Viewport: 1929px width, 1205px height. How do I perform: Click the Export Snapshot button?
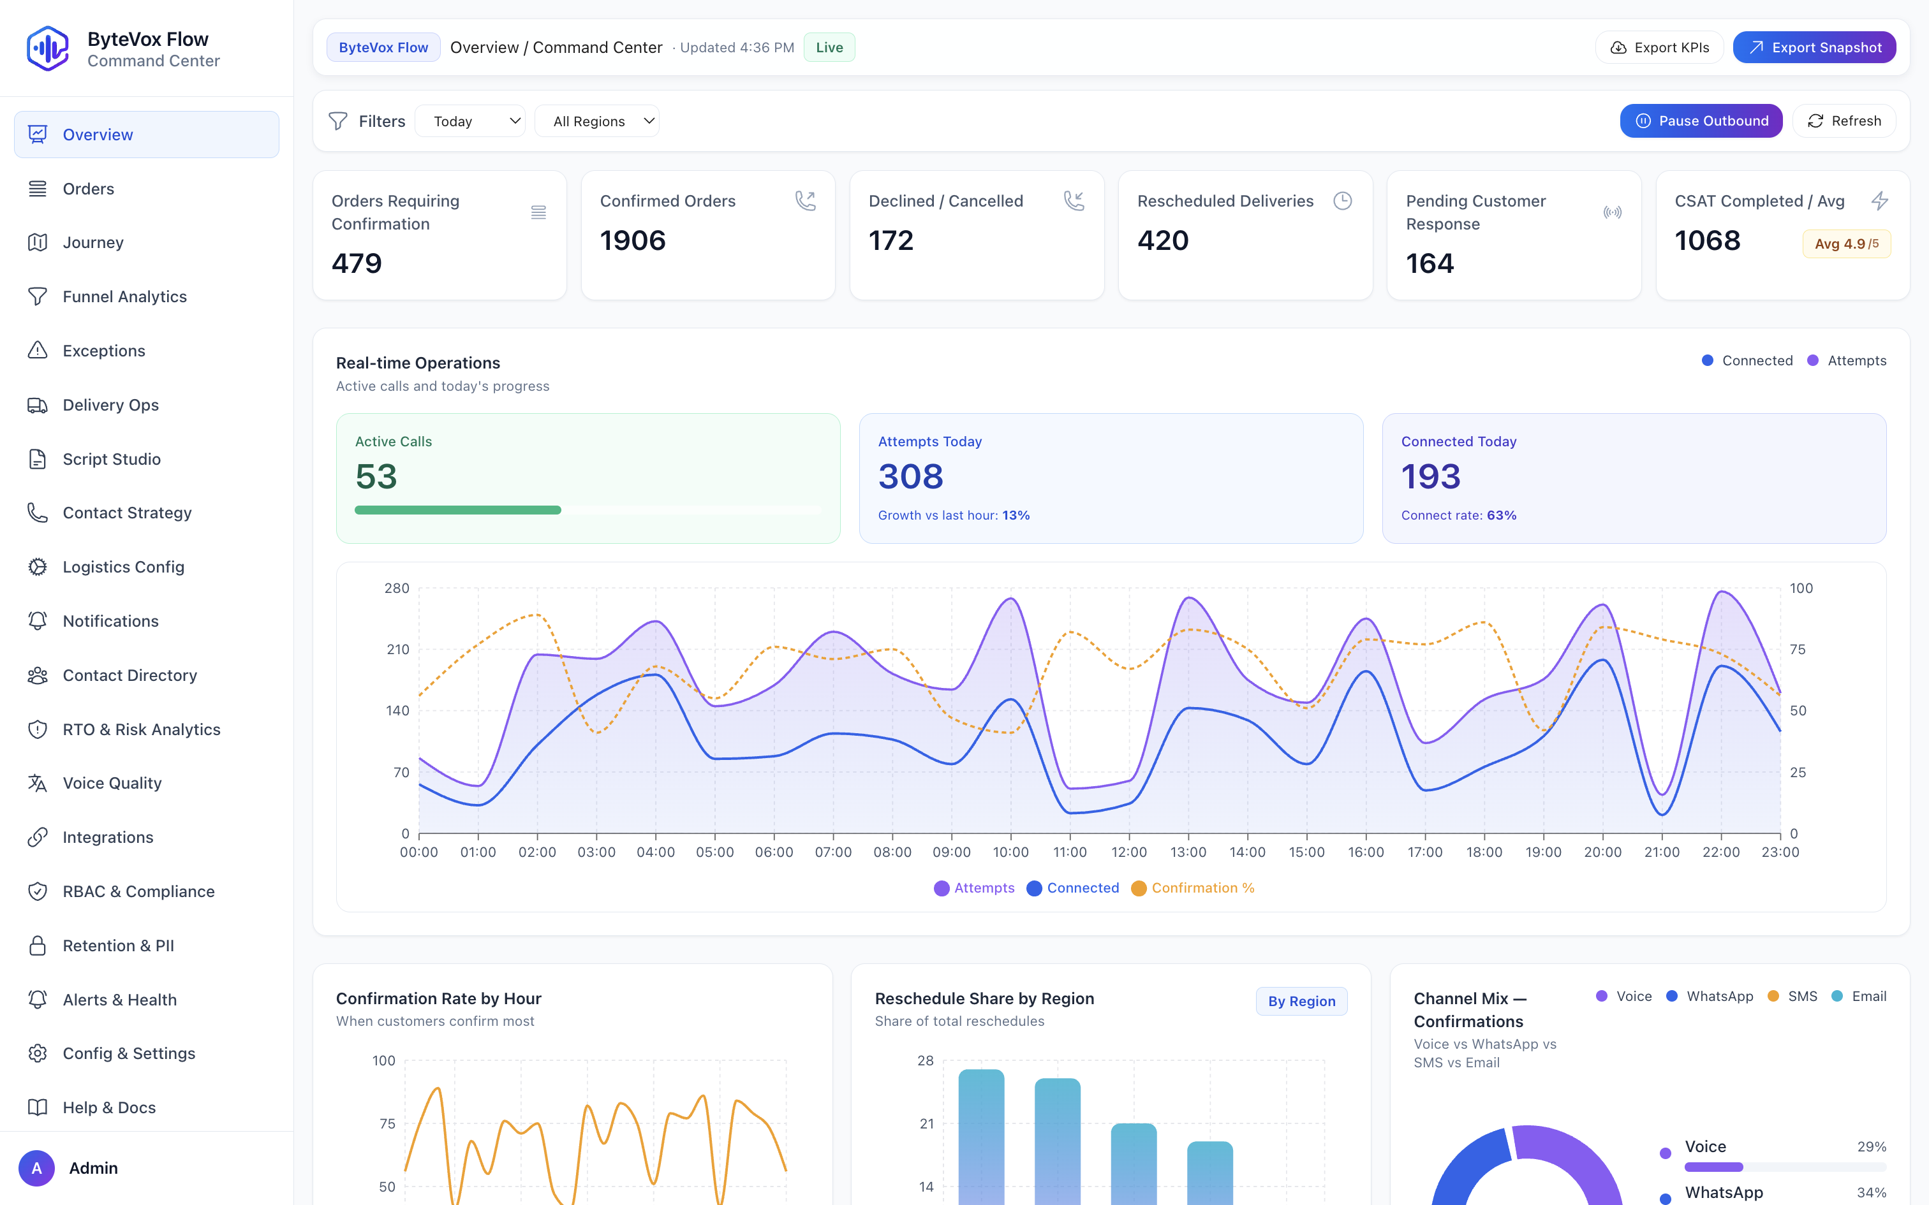click(x=1814, y=48)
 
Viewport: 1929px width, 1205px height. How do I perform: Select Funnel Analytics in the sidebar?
click(x=124, y=296)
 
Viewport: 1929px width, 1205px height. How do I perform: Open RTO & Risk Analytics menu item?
click(x=141, y=729)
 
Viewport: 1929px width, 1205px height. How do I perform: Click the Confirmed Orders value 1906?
click(x=632, y=241)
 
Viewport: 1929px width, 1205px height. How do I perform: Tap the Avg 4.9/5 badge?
click(x=1845, y=244)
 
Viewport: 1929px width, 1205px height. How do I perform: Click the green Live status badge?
click(x=829, y=48)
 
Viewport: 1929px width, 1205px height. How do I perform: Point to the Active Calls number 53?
click(x=376, y=477)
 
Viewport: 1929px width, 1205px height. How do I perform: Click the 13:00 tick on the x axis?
click(x=1188, y=852)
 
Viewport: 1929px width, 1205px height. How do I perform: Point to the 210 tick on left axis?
click(x=398, y=650)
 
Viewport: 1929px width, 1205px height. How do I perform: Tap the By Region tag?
click(x=1301, y=1001)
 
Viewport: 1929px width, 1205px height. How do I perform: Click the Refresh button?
click(x=1844, y=121)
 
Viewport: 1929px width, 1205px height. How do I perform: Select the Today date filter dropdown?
click(x=469, y=121)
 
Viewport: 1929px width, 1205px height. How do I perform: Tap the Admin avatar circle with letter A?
click(x=36, y=1167)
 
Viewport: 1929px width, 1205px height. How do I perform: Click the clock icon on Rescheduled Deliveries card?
click(x=1342, y=201)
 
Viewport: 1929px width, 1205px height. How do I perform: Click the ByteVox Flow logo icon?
click(x=48, y=48)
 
